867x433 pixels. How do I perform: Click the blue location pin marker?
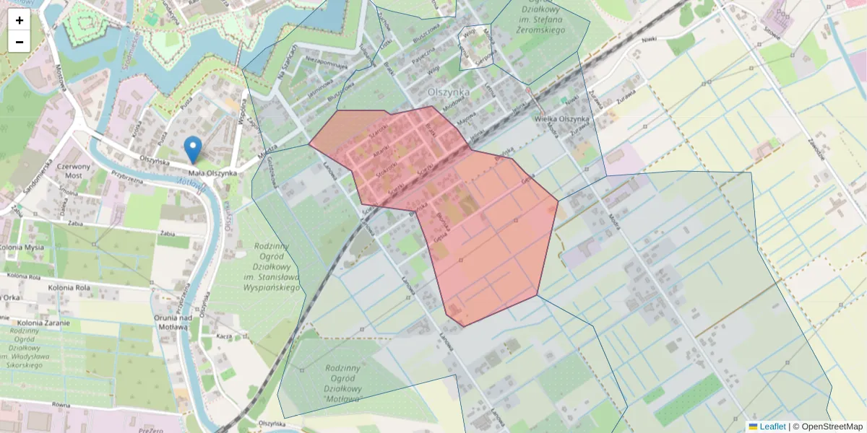coord(193,149)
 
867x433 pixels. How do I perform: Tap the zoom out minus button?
coord(19,41)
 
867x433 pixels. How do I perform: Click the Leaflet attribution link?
coord(772,427)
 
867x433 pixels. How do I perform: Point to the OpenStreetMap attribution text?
coord(831,427)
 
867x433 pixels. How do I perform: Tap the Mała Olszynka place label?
coord(212,173)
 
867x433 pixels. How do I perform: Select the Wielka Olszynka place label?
coord(562,119)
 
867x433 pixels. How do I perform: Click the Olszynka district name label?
coord(449,92)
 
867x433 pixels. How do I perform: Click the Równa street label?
coord(61,405)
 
